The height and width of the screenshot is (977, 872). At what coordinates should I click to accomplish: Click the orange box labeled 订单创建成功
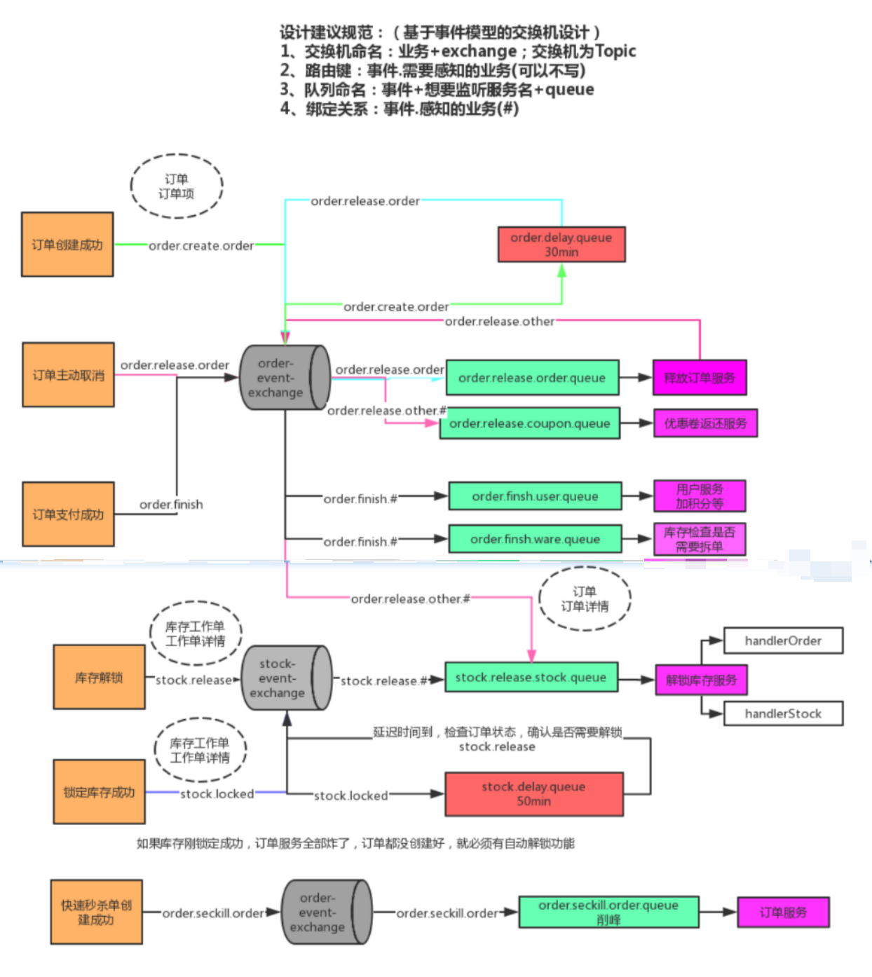point(67,245)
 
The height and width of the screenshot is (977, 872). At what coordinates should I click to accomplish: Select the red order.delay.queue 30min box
point(561,245)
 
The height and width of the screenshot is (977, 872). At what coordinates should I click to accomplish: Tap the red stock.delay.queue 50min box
point(534,794)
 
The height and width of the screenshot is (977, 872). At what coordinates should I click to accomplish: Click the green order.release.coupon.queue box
point(530,423)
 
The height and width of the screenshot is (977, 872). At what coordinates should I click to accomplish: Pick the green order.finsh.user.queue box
point(536,496)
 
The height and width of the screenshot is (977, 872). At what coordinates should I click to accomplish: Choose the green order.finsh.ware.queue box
point(536,539)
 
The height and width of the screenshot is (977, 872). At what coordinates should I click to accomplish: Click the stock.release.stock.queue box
point(531,677)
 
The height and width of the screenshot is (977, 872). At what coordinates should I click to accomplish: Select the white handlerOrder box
point(783,641)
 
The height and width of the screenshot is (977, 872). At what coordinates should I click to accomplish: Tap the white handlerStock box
point(783,713)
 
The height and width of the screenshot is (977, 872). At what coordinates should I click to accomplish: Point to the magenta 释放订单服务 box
point(700,378)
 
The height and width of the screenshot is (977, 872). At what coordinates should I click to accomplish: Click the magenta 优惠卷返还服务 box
point(705,423)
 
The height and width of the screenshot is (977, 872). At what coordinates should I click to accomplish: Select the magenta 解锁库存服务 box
point(701,680)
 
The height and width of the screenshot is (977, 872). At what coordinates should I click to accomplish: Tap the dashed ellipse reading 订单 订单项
point(177,186)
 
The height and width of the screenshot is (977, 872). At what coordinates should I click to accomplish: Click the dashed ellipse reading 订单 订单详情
point(585,599)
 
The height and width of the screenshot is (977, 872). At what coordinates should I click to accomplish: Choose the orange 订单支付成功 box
point(68,514)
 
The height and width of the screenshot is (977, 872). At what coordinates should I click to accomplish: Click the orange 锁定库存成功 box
point(99,792)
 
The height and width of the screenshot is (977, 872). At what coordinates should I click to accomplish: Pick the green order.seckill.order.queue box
point(608,912)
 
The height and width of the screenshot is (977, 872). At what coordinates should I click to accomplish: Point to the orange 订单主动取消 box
point(68,375)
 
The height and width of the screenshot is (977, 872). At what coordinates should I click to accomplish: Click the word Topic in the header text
point(615,51)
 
